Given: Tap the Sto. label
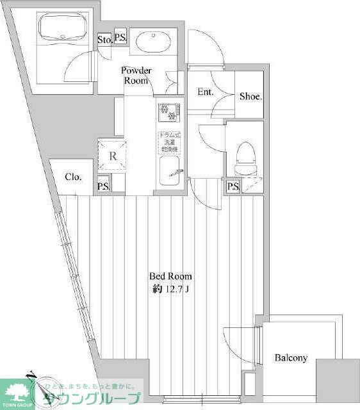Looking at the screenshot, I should click(x=104, y=40).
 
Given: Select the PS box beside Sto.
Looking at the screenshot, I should click(x=120, y=38).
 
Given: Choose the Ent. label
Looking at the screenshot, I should click(x=206, y=92).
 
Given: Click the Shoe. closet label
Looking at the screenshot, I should click(x=250, y=97).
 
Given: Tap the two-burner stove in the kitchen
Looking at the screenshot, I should click(x=168, y=111).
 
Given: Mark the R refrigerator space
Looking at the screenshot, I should click(x=112, y=156).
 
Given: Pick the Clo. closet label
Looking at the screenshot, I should click(x=72, y=176).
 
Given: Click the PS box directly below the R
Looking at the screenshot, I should click(x=103, y=186).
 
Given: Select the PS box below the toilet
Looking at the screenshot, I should click(x=233, y=186).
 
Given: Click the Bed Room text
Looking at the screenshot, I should click(x=170, y=276).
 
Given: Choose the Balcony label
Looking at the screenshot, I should click(x=291, y=358).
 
